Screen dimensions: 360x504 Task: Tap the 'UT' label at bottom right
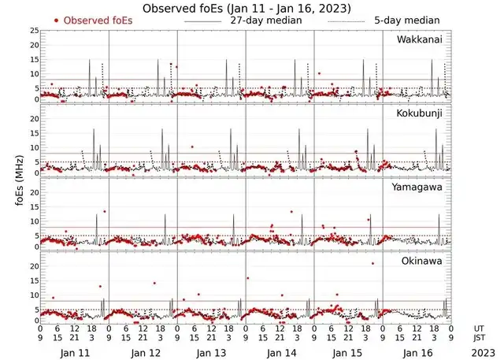[x=480, y=328]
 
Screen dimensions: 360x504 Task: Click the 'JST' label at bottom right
[x=480, y=338]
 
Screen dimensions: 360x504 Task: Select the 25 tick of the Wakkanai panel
[x=33, y=31]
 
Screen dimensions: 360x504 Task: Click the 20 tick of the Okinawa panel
[x=33, y=266]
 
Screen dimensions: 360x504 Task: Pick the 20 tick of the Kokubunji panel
[x=33, y=119]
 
